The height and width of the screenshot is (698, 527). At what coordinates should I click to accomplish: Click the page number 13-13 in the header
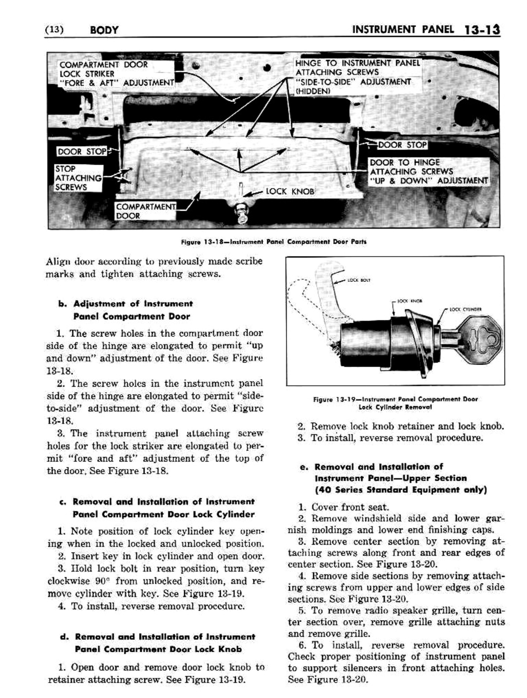(x=482, y=30)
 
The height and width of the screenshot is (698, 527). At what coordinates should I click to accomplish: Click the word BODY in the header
(x=103, y=31)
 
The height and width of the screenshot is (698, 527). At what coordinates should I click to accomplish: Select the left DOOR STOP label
(x=81, y=152)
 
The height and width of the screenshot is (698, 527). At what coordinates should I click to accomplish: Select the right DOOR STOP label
(x=402, y=145)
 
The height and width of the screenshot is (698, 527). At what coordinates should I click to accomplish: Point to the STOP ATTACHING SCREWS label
(x=78, y=178)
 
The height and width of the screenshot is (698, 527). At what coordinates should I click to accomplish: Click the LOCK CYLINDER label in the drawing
(x=465, y=309)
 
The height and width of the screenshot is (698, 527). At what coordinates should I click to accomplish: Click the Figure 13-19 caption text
(x=395, y=403)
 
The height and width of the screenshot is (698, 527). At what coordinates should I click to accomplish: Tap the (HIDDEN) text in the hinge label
(x=313, y=91)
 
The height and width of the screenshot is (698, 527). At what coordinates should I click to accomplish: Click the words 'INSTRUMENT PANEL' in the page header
(x=403, y=30)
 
